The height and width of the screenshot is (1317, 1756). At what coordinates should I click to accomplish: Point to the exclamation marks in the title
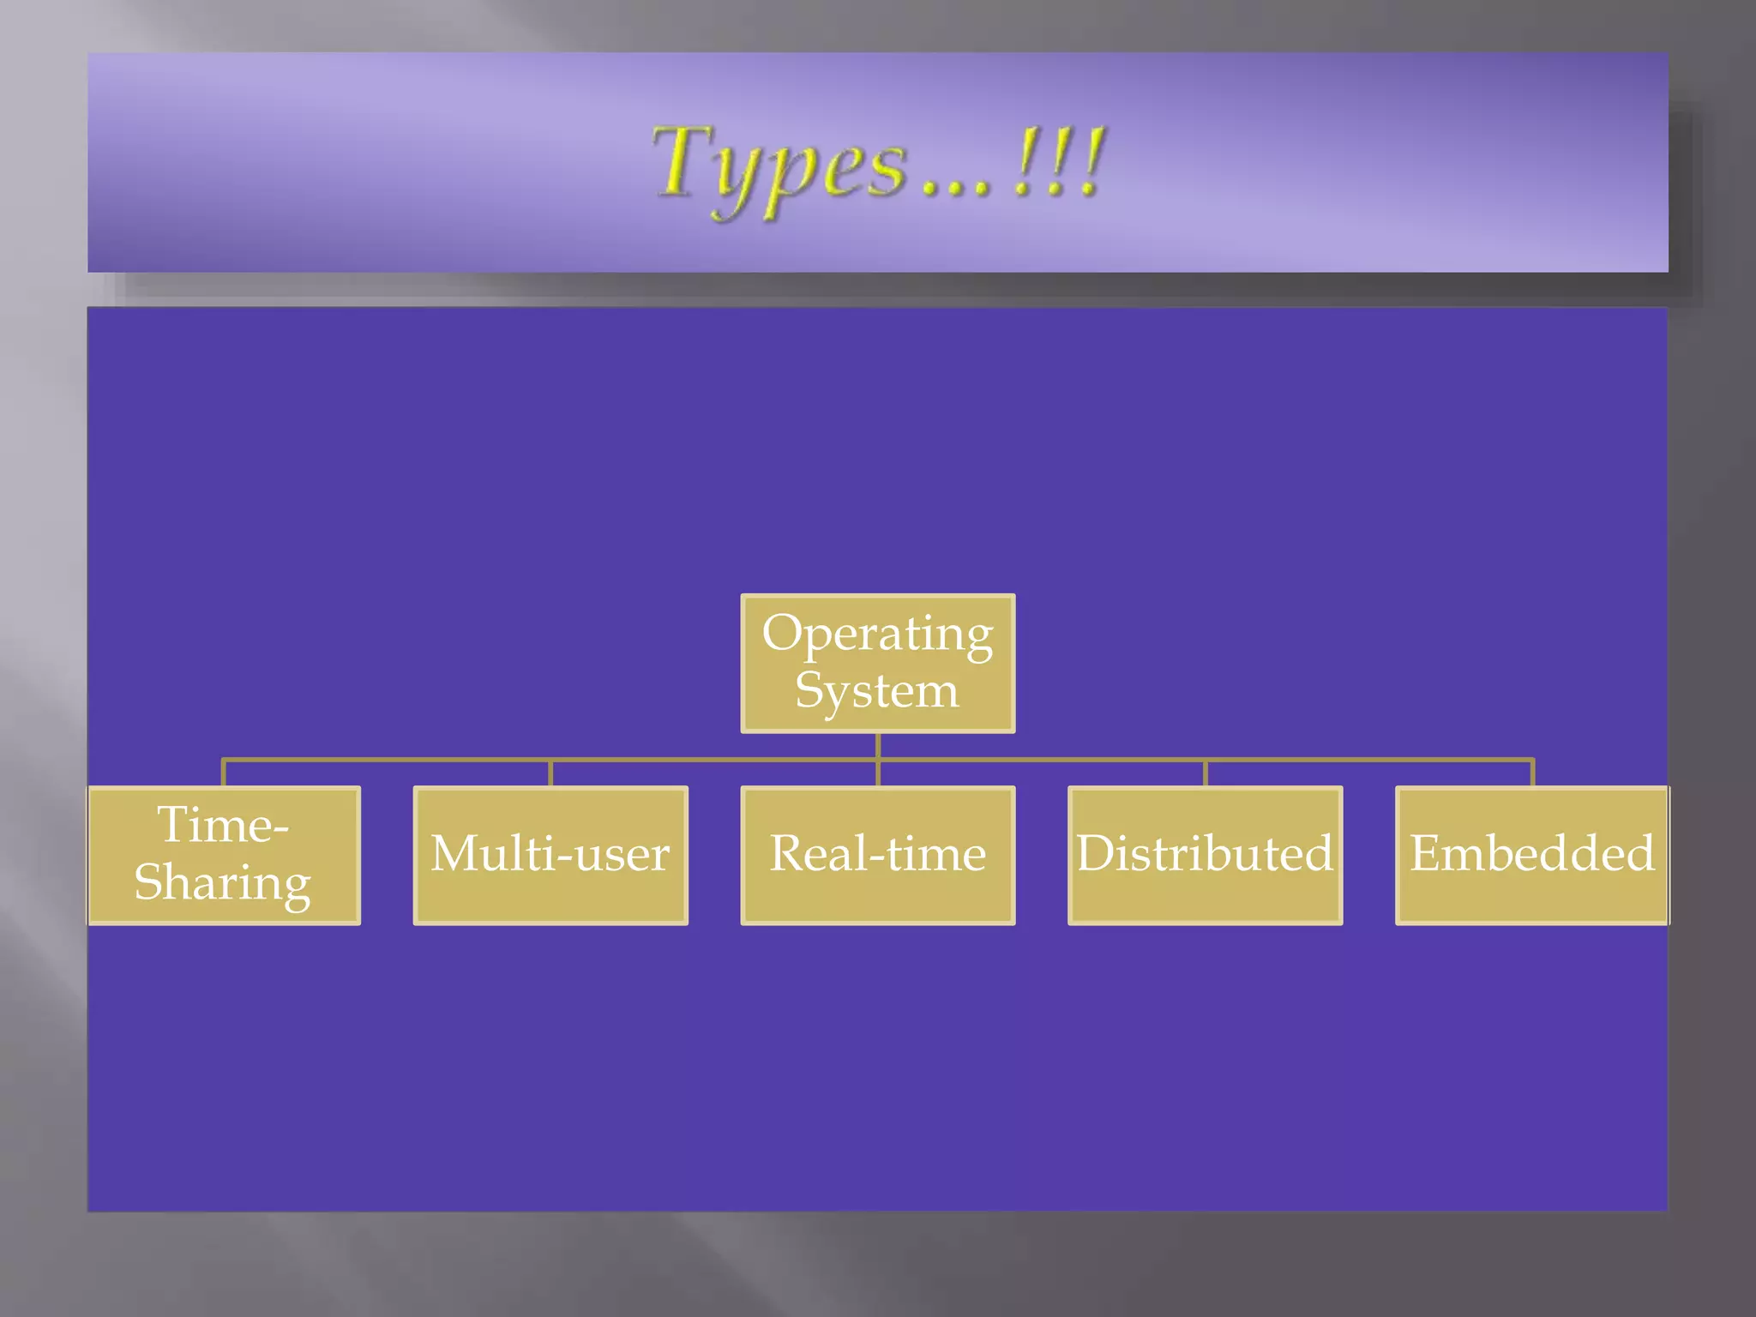tap(1058, 163)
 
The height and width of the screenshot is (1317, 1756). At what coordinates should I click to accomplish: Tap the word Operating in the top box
tap(877, 634)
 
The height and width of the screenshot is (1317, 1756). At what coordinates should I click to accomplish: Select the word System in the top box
tap(876, 691)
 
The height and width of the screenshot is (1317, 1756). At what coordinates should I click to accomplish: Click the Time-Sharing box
tap(224, 855)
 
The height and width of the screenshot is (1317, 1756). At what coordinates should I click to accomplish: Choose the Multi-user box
tap(550, 855)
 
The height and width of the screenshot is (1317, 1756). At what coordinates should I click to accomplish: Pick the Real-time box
tap(877, 855)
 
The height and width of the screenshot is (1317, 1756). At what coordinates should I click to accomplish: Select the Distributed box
tap(1205, 855)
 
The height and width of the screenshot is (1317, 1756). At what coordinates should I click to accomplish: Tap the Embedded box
tap(1531, 855)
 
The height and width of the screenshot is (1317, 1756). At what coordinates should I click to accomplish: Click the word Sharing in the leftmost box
tap(223, 883)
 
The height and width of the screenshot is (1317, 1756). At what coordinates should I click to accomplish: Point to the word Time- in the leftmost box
tap(223, 826)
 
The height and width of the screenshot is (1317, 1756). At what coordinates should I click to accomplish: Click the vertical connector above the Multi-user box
tap(550, 773)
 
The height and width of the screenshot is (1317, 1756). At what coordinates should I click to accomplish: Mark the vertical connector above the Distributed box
tap(1205, 773)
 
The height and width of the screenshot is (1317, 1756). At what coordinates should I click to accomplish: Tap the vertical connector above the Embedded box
tap(1531, 773)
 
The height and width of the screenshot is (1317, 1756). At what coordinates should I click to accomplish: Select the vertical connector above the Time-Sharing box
tap(224, 773)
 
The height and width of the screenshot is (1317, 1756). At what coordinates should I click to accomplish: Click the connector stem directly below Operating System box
tap(877, 746)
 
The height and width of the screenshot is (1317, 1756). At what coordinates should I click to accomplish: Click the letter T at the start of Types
tap(682, 160)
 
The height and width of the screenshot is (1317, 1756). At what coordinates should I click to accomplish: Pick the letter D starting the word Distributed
tap(1094, 854)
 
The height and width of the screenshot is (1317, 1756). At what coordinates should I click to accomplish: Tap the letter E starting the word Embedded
tap(1427, 854)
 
